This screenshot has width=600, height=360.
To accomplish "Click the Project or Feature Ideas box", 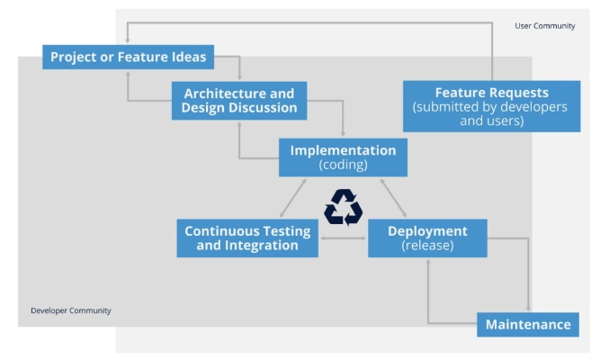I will coord(129,58).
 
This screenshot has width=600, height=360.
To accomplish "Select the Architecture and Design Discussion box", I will coord(239,100).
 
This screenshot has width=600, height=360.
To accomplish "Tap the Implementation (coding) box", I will coord(343,157).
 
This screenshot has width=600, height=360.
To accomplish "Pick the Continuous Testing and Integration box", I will coord(247,238).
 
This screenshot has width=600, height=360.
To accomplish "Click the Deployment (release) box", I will coord(427,238).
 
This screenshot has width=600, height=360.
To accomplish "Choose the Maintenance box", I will coord(528,324).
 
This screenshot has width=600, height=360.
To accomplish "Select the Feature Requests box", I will coord(491,106).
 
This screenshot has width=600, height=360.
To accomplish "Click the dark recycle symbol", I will coord(343,207).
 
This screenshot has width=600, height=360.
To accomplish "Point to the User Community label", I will coord(544,26).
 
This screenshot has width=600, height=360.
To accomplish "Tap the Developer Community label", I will coord(70,310).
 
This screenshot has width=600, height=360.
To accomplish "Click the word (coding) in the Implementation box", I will coord(343,166).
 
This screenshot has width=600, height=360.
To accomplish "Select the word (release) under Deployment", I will coord(427,246).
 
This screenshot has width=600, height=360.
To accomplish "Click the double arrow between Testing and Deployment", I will coord(343,238).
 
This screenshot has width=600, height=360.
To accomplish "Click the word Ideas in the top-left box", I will coord(188,58).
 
